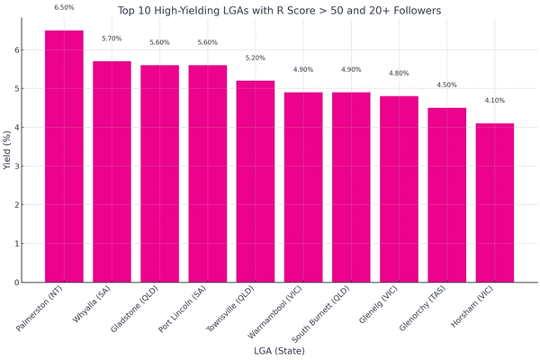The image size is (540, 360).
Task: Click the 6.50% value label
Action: tap(64, 8)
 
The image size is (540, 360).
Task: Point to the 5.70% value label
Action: tap(112, 39)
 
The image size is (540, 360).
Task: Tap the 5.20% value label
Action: tap(256, 58)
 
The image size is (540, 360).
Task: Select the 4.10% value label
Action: tap(495, 101)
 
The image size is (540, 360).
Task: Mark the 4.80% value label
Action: tap(399, 74)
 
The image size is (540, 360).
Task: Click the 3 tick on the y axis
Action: tap(16, 166)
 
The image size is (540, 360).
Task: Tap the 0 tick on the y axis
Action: tap(16, 283)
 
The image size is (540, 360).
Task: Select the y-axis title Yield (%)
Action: tap(7, 148)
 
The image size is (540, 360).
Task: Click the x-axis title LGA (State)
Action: tap(279, 351)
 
